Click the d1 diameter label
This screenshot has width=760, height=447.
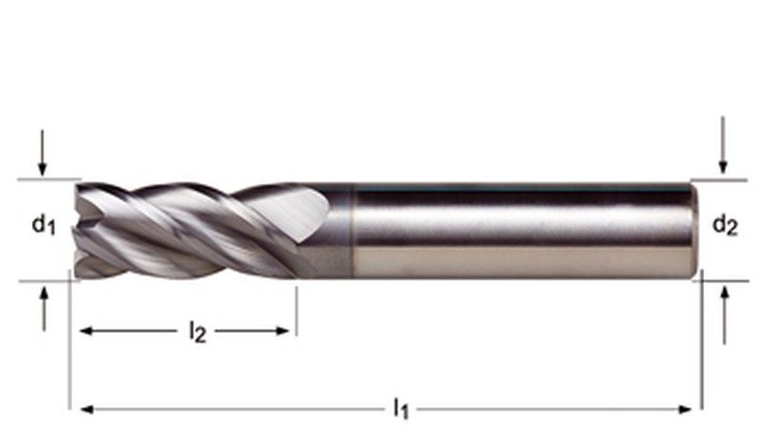[x=44, y=225]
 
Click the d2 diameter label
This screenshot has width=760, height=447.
[x=725, y=225]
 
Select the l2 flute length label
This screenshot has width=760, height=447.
[x=198, y=332]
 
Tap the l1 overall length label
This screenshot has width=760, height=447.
[x=401, y=408]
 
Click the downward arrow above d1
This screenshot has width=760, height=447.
[x=43, y=153]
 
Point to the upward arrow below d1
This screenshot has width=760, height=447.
[x=44, y=309]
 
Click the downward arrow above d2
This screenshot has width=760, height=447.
[x=723, y=144]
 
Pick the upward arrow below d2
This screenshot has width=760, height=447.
[x=725, y=315]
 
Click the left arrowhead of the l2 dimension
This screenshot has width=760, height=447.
[x=85, y=331]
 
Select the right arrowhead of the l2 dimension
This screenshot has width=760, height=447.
[x=282, y=331]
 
